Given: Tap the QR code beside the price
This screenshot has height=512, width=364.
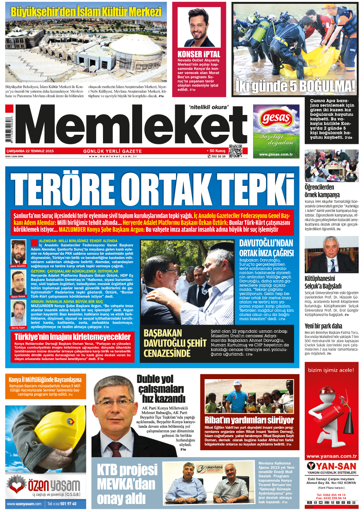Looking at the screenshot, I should point(235,151).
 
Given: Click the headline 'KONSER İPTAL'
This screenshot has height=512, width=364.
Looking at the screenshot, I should point(199,54).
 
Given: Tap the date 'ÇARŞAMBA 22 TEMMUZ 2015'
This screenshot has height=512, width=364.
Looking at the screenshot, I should point(30,151).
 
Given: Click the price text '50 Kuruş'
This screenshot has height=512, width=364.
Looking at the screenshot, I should point(217,151).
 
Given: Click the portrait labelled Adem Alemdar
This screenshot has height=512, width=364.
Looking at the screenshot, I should point(18,252).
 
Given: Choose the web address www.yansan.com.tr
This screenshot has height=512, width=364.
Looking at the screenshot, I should point(331,456).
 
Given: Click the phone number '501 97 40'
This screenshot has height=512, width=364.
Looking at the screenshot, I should point(68,504).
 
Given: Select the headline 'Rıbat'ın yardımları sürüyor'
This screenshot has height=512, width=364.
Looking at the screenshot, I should point(249,420).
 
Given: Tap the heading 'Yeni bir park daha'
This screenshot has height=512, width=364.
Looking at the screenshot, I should point(323,326).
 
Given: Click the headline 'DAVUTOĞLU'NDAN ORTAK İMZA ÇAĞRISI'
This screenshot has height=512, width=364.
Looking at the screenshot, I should point(266,248).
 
